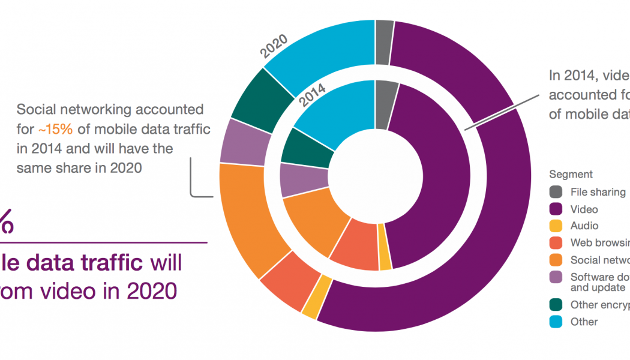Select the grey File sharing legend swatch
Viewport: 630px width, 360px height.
coord(556,192)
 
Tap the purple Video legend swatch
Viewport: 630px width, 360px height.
coord(556,209)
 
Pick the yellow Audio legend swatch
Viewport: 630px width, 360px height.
coord(556,226)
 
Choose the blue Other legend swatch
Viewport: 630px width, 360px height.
coord(556,322)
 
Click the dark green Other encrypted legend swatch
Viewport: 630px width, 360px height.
coord(556,305)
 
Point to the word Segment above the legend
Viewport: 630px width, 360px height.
coord(571,175)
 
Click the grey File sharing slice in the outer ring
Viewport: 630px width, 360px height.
coord(384,42)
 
